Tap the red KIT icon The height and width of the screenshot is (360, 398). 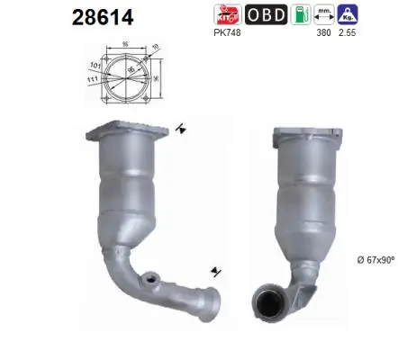click(225, 15)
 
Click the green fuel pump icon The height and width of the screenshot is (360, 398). click(308, 15)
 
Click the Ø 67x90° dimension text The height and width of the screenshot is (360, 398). click(373, 260)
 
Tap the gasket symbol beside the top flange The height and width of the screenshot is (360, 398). click(184, 130)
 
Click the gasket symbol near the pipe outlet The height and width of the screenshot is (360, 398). click(214, 270)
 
